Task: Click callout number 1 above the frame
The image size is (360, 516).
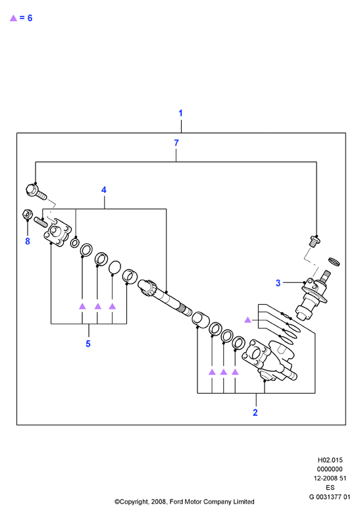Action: point(180,113)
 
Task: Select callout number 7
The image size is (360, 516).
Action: point(176,143)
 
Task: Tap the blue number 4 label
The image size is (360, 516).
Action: point(104,190)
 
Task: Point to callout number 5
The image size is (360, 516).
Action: point(88,344)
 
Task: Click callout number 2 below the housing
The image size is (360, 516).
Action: point(255,412)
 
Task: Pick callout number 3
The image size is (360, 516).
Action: point(278,283)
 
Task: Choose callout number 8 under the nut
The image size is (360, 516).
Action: point(28,241)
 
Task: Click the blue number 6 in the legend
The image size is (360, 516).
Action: point(30,18)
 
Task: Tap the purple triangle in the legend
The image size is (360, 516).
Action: point(13,18)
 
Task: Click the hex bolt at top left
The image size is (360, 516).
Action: point(36,192)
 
